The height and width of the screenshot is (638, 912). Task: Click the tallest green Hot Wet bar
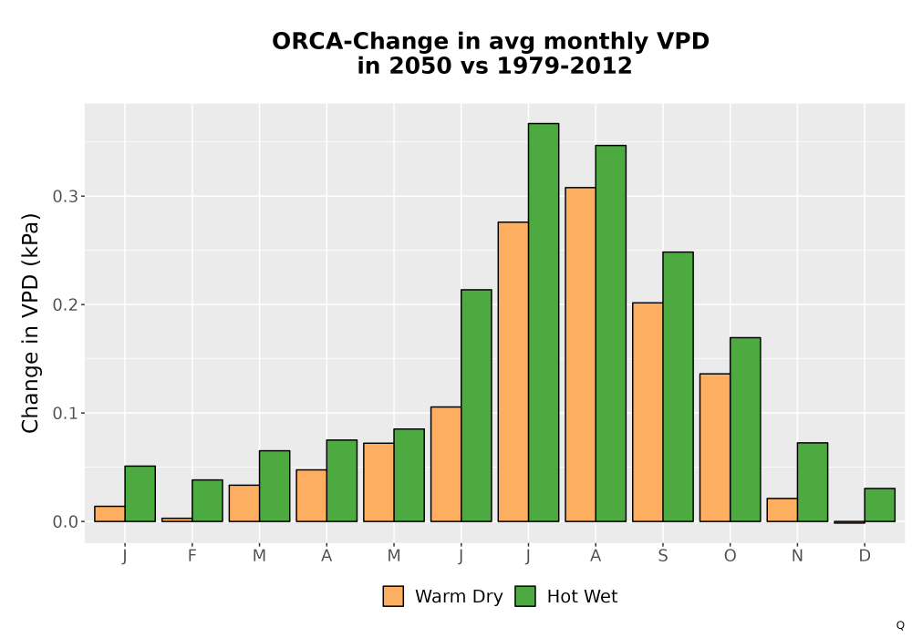point(544,323)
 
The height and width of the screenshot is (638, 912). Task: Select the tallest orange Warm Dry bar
point(580,355)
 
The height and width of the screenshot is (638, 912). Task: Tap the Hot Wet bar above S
point(679,387)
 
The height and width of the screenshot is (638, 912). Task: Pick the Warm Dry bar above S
point(648,412)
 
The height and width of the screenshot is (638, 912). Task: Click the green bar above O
point(745,429)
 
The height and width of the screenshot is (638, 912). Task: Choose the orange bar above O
point(715,448)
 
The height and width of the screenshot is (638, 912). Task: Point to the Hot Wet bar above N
point(813,482)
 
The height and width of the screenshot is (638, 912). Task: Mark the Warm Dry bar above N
point(782,509)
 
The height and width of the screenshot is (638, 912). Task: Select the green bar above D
point(879,505)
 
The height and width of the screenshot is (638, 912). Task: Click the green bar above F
point(207,501)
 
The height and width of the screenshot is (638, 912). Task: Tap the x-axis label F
point(192,556)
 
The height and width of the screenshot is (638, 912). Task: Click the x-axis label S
point(663,556)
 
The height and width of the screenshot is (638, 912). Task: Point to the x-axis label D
point(865,556)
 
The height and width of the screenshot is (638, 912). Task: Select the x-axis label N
point(797,556)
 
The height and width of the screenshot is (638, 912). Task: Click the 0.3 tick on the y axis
point(65,196)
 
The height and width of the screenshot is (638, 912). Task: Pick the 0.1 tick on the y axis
point(65,413)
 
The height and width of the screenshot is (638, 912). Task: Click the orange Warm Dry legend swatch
point(393,596)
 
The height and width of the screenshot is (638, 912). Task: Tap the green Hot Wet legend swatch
point(525,596)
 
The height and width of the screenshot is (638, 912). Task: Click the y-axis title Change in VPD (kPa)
point(30,324)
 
